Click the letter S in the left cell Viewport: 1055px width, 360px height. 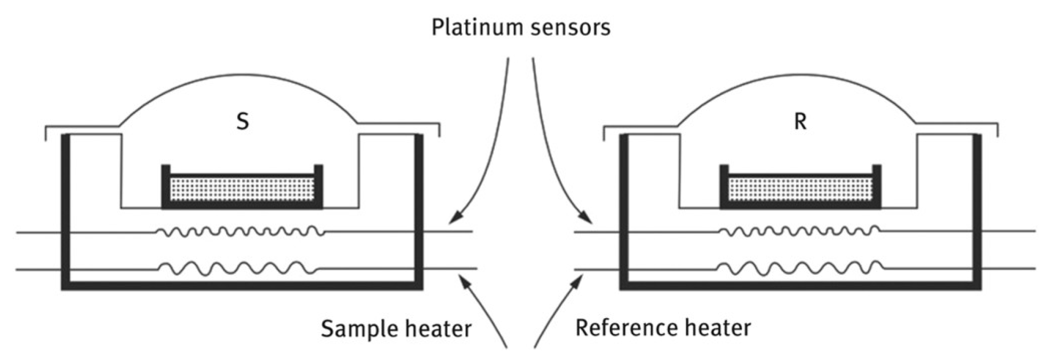coord(242,122)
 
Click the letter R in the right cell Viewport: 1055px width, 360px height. coord(800,122)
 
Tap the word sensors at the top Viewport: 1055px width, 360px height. coord(570,28)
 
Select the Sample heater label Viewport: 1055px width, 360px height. coord(396,329)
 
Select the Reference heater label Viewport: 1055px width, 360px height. coord(663,328)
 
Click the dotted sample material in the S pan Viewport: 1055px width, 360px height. coord(242,189)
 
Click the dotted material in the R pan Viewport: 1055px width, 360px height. coord(800,189)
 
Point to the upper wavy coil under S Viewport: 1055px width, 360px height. coord(240,232)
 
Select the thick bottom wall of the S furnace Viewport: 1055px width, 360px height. coord(242,286)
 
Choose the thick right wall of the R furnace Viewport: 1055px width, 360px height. coord(977,212)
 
